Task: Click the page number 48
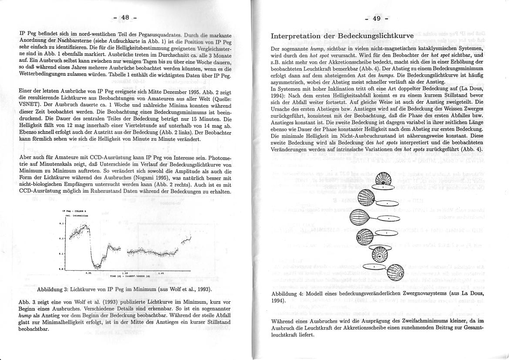click(125, 17)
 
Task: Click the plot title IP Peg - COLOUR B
click(70, 211)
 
